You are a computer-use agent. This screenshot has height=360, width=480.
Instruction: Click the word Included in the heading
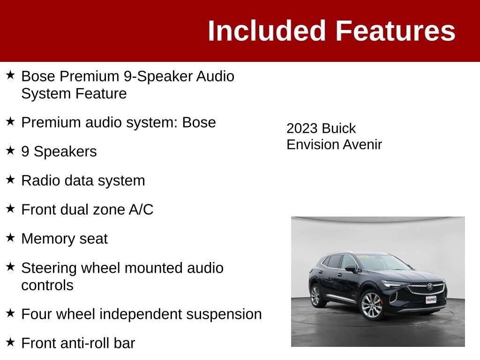[x=266, y=30]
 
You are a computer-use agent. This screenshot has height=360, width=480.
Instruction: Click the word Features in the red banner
[x=396, y=30]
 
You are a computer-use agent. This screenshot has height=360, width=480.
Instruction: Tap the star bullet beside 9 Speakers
[x=10, y=150]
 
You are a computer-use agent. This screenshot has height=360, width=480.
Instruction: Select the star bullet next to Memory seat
[x=10, y=238]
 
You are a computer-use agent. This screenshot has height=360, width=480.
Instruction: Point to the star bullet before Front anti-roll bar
[x=10, y=342]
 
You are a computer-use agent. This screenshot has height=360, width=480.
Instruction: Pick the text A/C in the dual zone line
[x=141, y=210]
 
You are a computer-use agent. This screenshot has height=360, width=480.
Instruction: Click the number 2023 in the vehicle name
[x=302, y=128]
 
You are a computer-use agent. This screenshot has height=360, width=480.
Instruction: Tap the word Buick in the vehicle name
[x=338, y=128]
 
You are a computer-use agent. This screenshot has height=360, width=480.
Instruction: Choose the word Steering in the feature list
[x=49, y=269]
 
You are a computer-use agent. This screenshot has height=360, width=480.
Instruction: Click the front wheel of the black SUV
[x=371, y=306]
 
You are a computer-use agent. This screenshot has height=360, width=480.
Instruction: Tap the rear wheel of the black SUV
[x=315, y=296]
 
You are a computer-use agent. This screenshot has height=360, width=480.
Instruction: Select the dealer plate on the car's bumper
[x=431, y=300]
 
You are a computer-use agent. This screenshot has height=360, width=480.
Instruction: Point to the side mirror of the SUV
[x=351, y=269]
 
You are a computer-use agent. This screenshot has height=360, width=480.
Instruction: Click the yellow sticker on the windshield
[x=362, y=256]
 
